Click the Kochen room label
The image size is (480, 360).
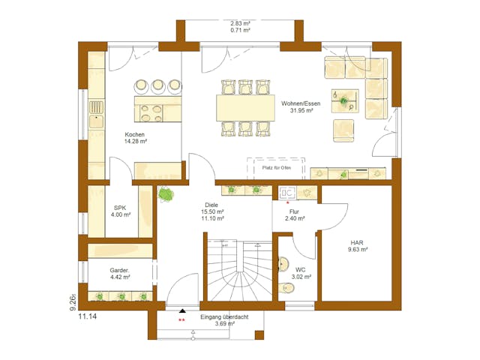pos(135,134)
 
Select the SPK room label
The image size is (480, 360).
pos(120,208)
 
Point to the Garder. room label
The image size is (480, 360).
pos(120,271)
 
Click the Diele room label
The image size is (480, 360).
pos(213,205)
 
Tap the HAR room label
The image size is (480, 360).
pos(356,242)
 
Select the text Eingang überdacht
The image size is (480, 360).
pos(225,317)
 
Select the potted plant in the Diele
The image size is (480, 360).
pos(166,195)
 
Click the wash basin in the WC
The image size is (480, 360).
pos(284,264)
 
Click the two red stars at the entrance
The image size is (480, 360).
pos(181,321)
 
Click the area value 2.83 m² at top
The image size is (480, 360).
pos(240,23)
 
